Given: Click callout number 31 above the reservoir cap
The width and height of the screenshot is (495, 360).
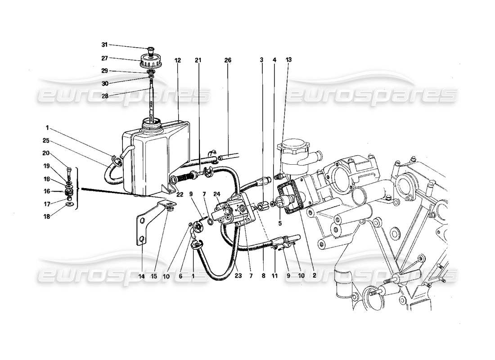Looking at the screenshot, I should coord(104,45).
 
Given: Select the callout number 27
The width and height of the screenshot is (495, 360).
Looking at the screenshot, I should coord(104,58).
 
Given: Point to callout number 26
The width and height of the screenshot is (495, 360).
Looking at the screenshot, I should coord(228,60).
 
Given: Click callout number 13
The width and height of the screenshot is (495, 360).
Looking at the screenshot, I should coord(288,60).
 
